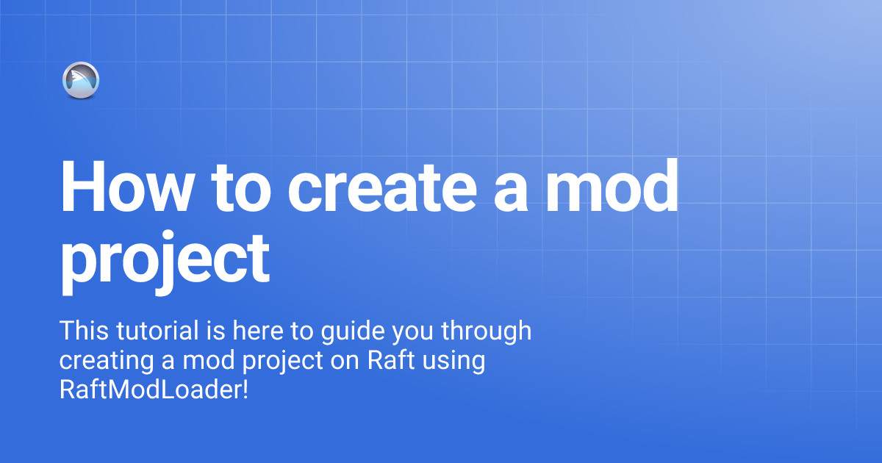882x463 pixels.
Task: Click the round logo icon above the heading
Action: [81, 80]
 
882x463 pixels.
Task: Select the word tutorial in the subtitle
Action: [155, 331]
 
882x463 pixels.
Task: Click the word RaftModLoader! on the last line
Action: [154, 390]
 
